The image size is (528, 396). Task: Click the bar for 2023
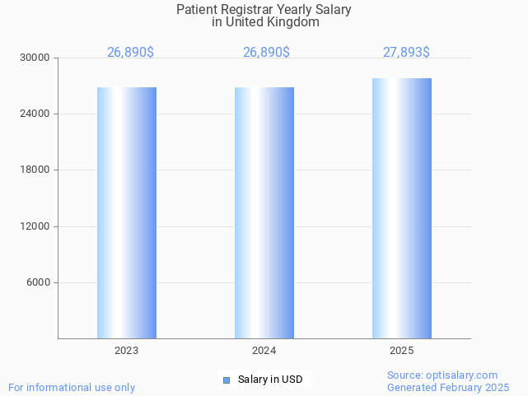[x=127, y=212]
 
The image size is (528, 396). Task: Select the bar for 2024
[x=264, y=212]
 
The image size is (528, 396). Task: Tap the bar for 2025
[x=402, y=208]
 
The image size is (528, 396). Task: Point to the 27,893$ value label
[x=406, y=53]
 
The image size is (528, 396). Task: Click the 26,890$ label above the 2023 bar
[x=130, y=53]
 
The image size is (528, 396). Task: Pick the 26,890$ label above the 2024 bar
[x=266, y=53]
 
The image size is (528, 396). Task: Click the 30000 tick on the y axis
[x=35, y=58]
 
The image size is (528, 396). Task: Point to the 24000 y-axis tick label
[x=35, y=114]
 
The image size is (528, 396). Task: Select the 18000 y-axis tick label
[x=35, y=170]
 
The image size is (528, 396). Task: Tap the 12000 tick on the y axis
[x=35, y=226]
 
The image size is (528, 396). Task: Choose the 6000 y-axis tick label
[x=38, y=282]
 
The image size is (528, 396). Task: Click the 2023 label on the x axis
[x=127, y=351]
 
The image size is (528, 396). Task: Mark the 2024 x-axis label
[x=264, y=351]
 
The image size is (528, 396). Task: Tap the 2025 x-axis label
[x=402, y=351]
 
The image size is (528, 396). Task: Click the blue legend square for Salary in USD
[x=227, y=380]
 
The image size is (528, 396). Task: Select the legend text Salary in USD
[x=270, y=380]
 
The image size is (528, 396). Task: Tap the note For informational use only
[x=72, y=387]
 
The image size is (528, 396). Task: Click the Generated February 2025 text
[x=448, y=387]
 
